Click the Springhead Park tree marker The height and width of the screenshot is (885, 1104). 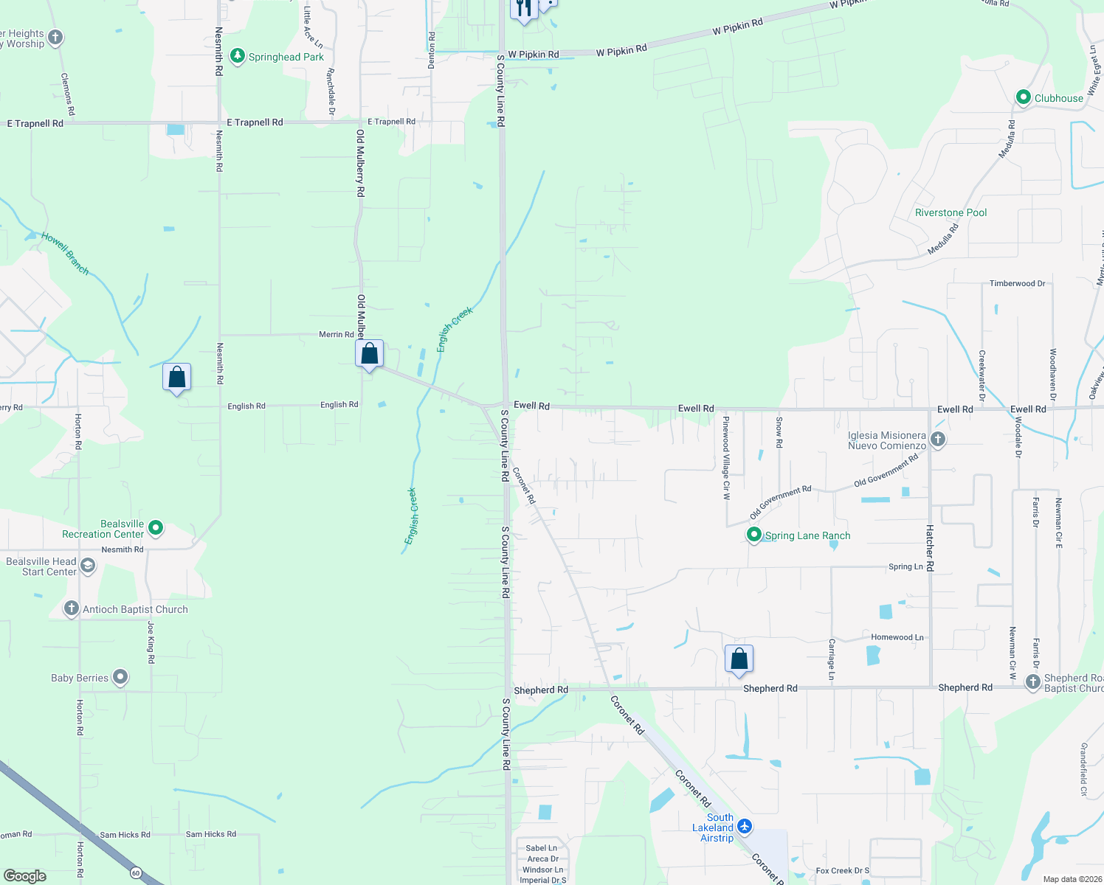pyautogui.click(x=237, y=56)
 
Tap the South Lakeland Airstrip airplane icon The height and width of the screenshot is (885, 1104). pyautogui.click(x=745, y=826)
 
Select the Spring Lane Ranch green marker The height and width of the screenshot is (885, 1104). pyautogui.click(x=753, y=535)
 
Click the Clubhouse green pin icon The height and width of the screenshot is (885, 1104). pyautogui.click(x=1023, y=97)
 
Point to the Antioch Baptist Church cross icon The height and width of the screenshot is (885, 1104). pyautogui.click(x=71, y=608)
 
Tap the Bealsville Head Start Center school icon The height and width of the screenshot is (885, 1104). pyautogui.click(x=88, y=566)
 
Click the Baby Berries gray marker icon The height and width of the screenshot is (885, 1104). pyautogui.click(x=120, y=677)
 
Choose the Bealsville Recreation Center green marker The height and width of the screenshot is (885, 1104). pyautogui.click(x=155, y=528)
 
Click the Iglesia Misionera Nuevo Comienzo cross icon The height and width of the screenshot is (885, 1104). pyautogui.click(x=937, y=440)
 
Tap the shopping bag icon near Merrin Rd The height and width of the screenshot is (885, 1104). pyautogui.click(x=369, y=354)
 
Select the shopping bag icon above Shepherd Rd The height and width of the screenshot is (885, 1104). pyautogui.click(x=739, y=659)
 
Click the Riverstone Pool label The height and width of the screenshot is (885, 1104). pyautogui.click(x=951, y=212)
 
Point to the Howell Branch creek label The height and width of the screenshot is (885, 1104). pyautogui.click(x=65, y=254)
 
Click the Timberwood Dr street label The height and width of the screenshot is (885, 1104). pyautogui.click(x=1017, y=283)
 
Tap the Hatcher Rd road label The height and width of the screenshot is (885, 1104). pyautogui.click(x=930, y=548)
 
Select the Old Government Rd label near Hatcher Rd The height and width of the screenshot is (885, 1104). pyautogui.click(x=886, y=471)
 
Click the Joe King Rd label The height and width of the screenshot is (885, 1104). pyautogui.click(x=151, y=642)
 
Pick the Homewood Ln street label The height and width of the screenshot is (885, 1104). pyautogui.click(x=897, y=637)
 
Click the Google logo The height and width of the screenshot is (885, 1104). pyautogui.click(x=25, y=875)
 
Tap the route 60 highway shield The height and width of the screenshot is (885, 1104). pyautogui.click(x=136, y=873)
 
